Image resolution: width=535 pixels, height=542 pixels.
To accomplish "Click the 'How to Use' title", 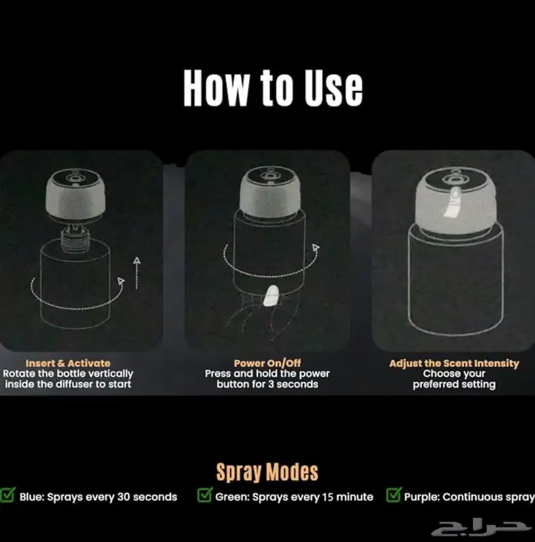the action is [273, 88].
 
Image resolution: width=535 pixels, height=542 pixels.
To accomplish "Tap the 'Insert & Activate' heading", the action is [68, 363].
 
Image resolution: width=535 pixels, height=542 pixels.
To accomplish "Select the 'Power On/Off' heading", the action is [267, 363].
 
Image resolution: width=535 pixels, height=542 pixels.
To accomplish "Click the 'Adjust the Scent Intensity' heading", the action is [454, 364].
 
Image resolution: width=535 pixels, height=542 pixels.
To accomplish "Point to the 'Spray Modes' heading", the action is [267, 472].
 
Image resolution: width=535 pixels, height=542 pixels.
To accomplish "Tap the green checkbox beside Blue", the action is [8, 495].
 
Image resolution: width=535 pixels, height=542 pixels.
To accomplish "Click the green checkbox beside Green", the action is [205, 495].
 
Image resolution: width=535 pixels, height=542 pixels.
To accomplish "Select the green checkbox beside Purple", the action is [394, 495].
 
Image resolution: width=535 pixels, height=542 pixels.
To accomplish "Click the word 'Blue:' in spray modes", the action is [32, 497].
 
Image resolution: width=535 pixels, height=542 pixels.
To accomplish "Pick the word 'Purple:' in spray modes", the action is [422, 497].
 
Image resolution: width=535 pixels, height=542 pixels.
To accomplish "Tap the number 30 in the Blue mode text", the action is [123, 497].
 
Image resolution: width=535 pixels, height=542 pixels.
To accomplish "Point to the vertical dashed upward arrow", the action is [137, 273].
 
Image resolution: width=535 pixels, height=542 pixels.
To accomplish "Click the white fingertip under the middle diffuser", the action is [271, 297].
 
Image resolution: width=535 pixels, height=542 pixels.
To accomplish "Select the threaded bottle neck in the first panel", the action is [73, 237].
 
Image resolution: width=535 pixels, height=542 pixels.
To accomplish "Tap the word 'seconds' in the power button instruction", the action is [297, 385].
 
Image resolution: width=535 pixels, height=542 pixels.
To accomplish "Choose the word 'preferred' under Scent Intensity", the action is [433, 385].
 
